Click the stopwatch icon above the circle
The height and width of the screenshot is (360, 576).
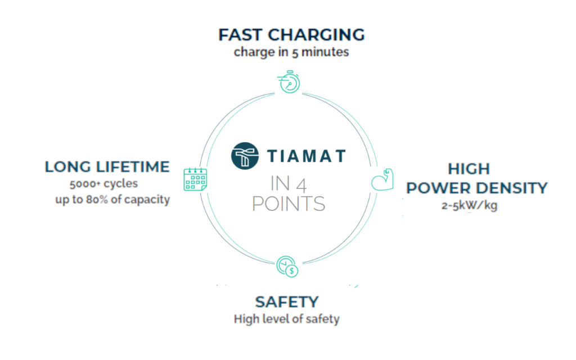coord(289,82)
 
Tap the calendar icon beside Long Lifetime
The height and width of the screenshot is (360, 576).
coord(195,179)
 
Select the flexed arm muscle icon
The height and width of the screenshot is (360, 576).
coord(382,179)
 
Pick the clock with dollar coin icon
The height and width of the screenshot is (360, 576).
coord(287,266)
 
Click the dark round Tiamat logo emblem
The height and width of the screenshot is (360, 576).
coord(245,156)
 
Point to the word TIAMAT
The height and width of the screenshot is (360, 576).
coord(307,156)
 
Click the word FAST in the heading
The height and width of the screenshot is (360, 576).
coord(241,35)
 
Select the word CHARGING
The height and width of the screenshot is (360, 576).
coord(316,35)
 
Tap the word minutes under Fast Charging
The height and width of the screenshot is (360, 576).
coord(325,52)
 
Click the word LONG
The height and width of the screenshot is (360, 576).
coord(68,166)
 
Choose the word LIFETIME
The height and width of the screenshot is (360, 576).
coord(133,166)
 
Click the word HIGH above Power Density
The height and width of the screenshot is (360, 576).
coord(469,169)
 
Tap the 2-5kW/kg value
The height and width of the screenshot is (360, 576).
coord(469,205)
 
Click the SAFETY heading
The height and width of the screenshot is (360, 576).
coord(287,302)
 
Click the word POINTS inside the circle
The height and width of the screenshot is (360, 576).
coord(289,204)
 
